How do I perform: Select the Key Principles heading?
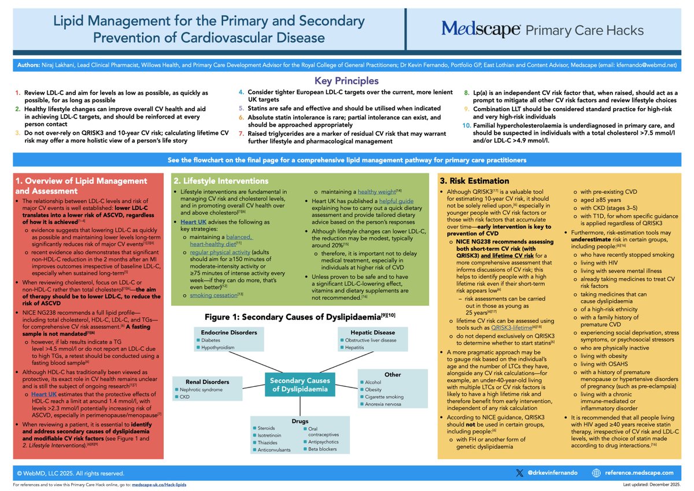click(346, 81)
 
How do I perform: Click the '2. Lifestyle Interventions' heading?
click(222, 181)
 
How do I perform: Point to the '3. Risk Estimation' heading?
click(474, 181)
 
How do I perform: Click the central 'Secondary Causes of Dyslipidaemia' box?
click(300, 384)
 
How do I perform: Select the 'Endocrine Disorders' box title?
click(220, 333)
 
